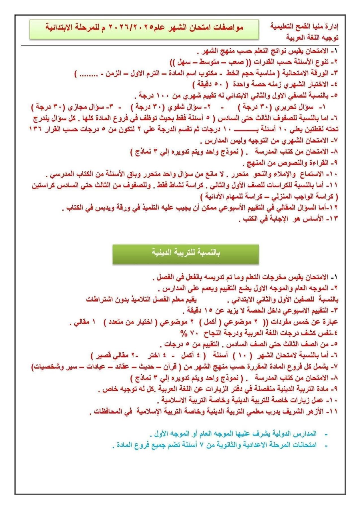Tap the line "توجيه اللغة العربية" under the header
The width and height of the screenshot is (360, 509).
[x=312, y=38]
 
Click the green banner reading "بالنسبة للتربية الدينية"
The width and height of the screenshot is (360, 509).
[x=186, y=252]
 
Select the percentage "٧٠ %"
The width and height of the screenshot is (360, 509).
[x=188, y=333]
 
